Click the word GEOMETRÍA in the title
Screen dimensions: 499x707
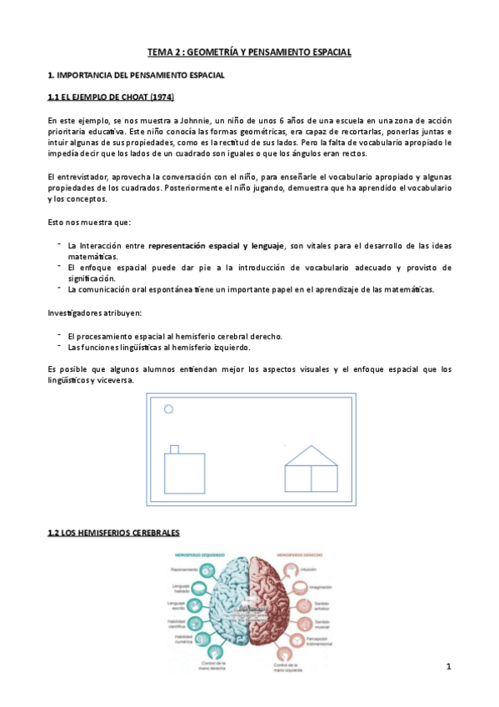[x=212, y=53]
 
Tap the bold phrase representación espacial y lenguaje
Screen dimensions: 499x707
[x=216, y=246]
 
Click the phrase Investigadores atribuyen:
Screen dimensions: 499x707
[x=95, y=313]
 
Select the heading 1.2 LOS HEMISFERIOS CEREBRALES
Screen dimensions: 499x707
[x=113, y=533]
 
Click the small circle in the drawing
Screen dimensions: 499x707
[x=168, y=409]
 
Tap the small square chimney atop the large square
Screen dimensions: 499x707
[x=174, y=449]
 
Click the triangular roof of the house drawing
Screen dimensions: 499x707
[x=311, y=455]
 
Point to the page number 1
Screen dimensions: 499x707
[x=448, y=666]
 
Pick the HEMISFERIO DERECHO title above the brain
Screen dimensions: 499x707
[x=299, y=554]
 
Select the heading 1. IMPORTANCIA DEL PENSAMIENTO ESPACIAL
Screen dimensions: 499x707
[x=136, y=76]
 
